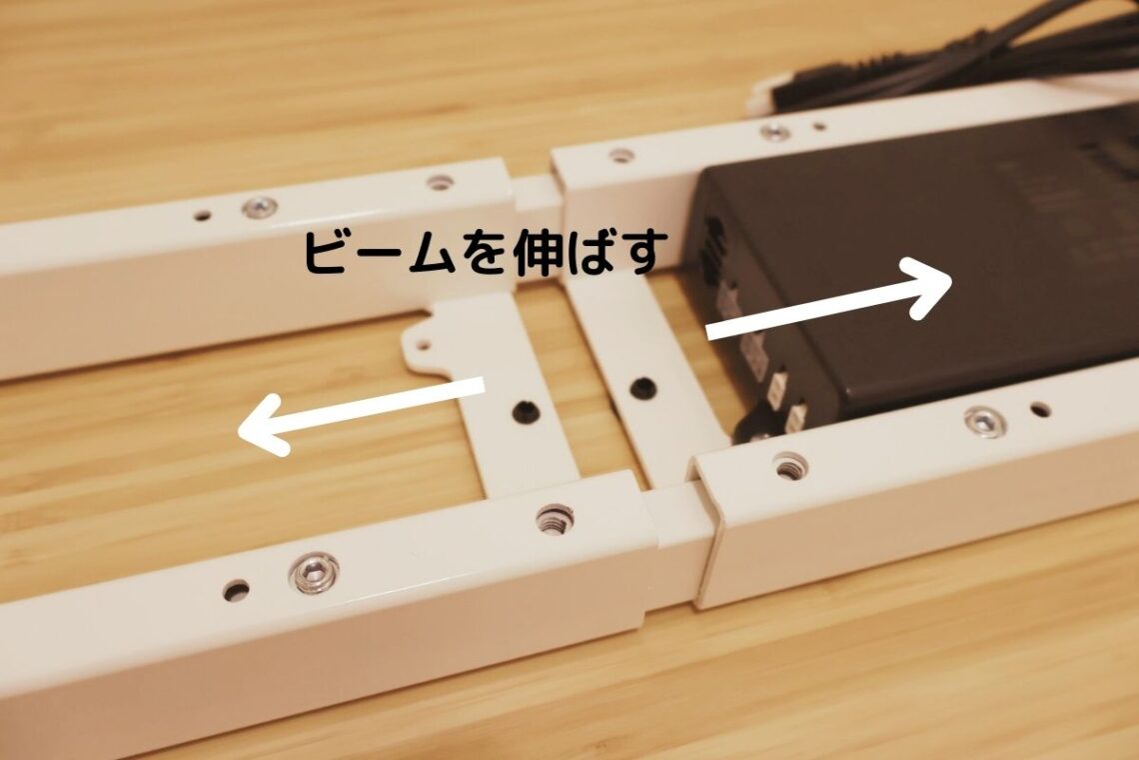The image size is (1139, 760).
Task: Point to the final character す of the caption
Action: (640, 253)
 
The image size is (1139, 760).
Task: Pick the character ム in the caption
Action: (413, 254)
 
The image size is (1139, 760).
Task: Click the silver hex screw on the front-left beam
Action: (314, 572)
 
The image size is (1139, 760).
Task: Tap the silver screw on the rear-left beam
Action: (260, 207)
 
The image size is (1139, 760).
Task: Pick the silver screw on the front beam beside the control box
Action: (984, 421)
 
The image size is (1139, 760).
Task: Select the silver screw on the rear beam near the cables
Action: (774, 131)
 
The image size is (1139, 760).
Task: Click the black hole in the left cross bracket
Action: (523, 410)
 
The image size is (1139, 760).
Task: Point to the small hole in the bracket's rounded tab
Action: (423, 346)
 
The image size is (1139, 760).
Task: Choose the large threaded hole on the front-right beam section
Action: (789, 465)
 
